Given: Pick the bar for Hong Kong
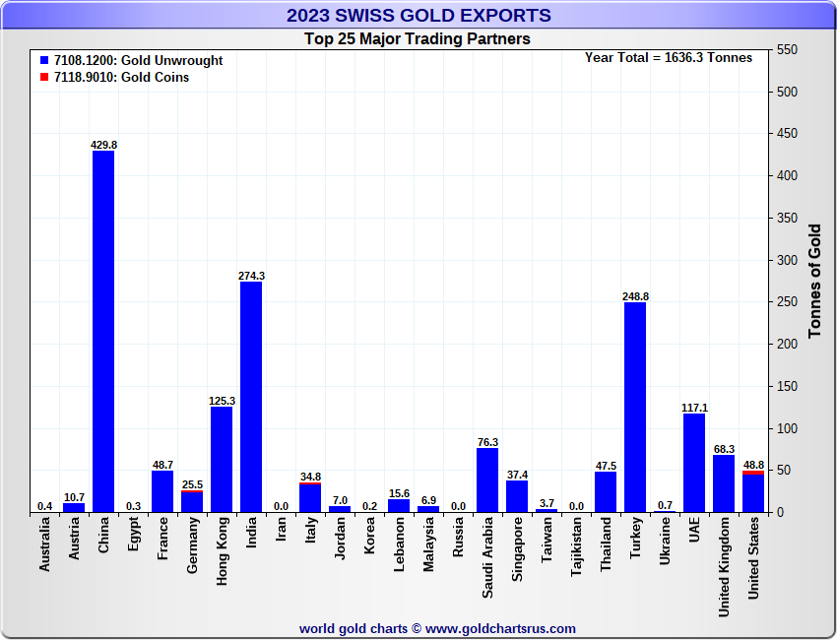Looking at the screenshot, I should pyautogui.click(x=222, y=459).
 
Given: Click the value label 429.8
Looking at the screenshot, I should pyautogui.click(x=103, y=145).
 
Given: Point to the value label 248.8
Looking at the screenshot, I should pyautogui.click(x=635, y=296).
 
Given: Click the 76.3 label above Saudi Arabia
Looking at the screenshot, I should pyautogui.click(x=487, y=442).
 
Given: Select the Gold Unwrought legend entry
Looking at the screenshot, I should pyautogui.click(x=137, y=60).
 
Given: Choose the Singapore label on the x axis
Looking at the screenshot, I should pyautogui.click(x=517, y=554).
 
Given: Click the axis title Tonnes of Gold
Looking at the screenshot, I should pyautogui.click(x=814, y=281).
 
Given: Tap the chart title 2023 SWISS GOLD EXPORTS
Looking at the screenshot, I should pyautogui.click(x=418, y=15).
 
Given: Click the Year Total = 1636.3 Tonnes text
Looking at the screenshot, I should pyautogui.click(x=668, y=57).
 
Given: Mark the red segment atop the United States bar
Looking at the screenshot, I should pyautogui.click(x=753, y=473).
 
